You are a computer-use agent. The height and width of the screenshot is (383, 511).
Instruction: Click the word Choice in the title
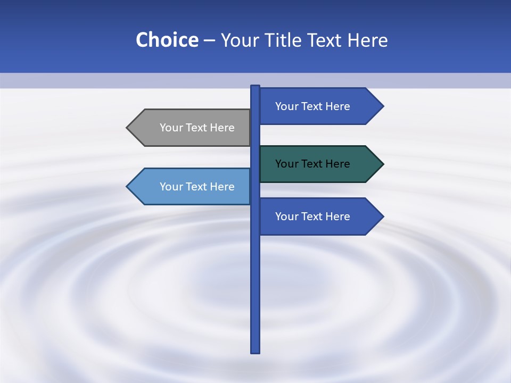point(167,40)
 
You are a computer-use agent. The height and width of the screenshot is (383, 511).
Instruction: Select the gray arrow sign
point(192,128)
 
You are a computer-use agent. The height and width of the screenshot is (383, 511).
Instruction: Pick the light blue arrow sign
point(192,187)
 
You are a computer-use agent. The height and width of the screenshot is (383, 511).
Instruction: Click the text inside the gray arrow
point(197,128)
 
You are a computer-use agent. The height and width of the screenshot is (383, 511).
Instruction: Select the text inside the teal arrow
point(312,164)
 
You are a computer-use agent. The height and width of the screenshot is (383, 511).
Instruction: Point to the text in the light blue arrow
point(197,187)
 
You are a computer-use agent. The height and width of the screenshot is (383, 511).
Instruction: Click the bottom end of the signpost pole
point(255,351)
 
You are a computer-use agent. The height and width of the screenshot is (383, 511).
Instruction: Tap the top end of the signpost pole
point(255,87)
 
